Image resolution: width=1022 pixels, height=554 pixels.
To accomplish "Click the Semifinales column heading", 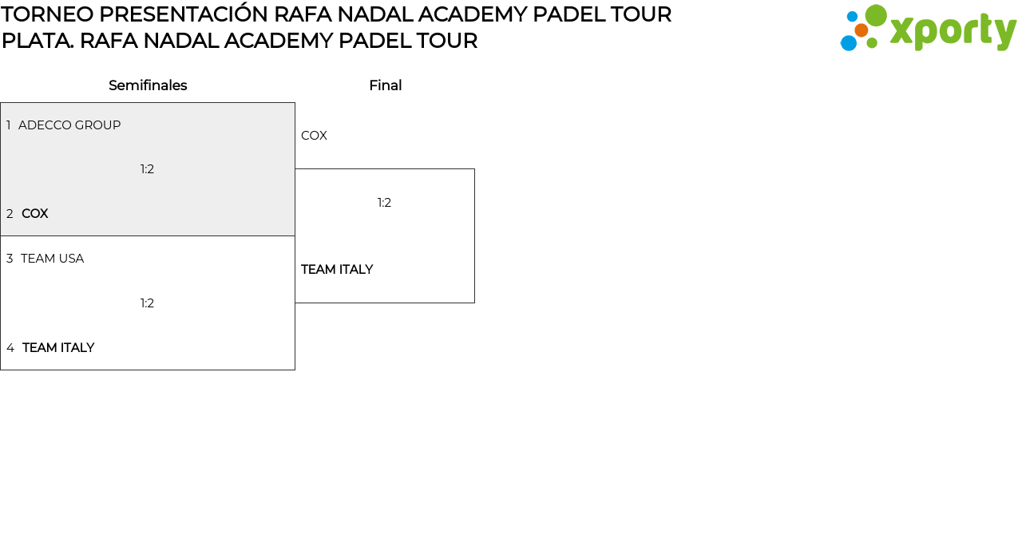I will [148, 85].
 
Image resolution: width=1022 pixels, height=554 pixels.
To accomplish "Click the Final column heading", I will [385, 85].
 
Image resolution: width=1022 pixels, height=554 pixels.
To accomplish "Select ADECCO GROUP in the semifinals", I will [69, 125].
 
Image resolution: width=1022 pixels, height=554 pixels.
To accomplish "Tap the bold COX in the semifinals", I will [35, 214].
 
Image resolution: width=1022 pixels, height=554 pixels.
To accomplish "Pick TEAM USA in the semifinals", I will [52, 259].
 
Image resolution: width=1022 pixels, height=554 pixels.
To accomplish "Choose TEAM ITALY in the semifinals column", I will [58, 348].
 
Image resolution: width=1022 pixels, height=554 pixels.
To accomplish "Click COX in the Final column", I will [314, 136].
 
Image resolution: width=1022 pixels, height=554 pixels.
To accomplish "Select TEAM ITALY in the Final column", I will [337, 270].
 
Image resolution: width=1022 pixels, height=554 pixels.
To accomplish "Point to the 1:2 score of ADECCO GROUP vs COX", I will [147, 169].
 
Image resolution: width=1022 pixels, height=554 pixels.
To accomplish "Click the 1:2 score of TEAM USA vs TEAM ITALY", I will [147, 303].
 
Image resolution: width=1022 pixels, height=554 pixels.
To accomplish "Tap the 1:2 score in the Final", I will [384, 203].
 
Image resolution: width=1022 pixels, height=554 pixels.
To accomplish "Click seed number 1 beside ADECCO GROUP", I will [9, 125].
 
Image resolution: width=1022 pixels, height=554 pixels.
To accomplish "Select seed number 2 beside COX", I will [10, 214].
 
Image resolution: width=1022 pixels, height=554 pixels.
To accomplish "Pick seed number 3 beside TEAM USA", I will [10, 259].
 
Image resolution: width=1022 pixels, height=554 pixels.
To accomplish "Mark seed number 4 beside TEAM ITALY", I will [10, 348].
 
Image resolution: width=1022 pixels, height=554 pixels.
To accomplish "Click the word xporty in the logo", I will [953, 31].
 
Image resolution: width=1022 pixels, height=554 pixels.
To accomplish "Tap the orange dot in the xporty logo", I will [862, 30].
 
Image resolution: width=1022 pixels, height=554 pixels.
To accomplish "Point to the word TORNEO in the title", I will [47, 14].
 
